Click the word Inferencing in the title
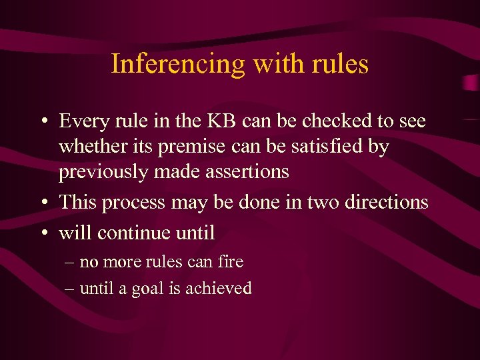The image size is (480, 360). pyautogui.click(x=169, y=64)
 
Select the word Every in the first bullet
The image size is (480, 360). pyautogui.click(x=83, y=121)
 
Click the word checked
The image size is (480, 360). pyautogui.click(x=331, y=121)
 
